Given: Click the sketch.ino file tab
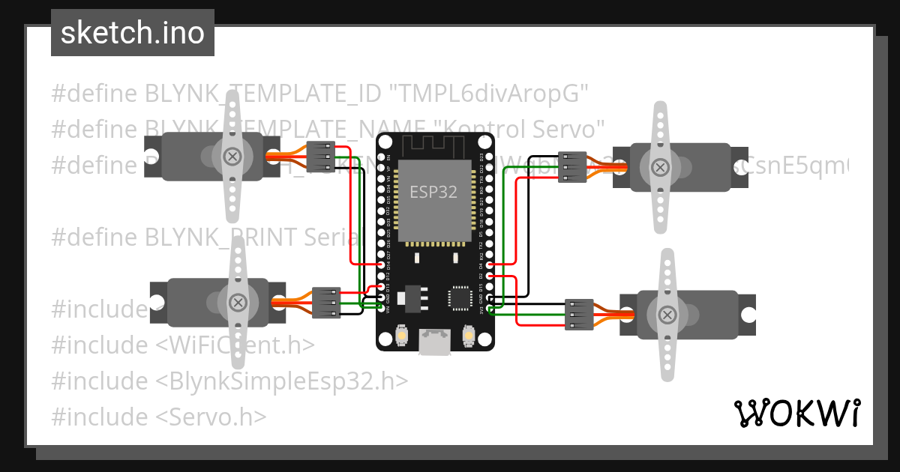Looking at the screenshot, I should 132,33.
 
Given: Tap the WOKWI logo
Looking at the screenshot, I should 796,413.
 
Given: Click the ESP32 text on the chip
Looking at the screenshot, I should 433,192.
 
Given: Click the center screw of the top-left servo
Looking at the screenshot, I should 233,157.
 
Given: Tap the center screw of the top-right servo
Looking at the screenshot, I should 660,166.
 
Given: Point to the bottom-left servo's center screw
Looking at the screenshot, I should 238,303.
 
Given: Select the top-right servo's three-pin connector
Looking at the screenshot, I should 574,167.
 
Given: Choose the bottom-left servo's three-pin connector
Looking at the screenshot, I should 325,303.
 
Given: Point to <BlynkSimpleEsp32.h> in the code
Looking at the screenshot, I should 282,381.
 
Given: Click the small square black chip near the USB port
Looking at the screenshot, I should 460,298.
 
